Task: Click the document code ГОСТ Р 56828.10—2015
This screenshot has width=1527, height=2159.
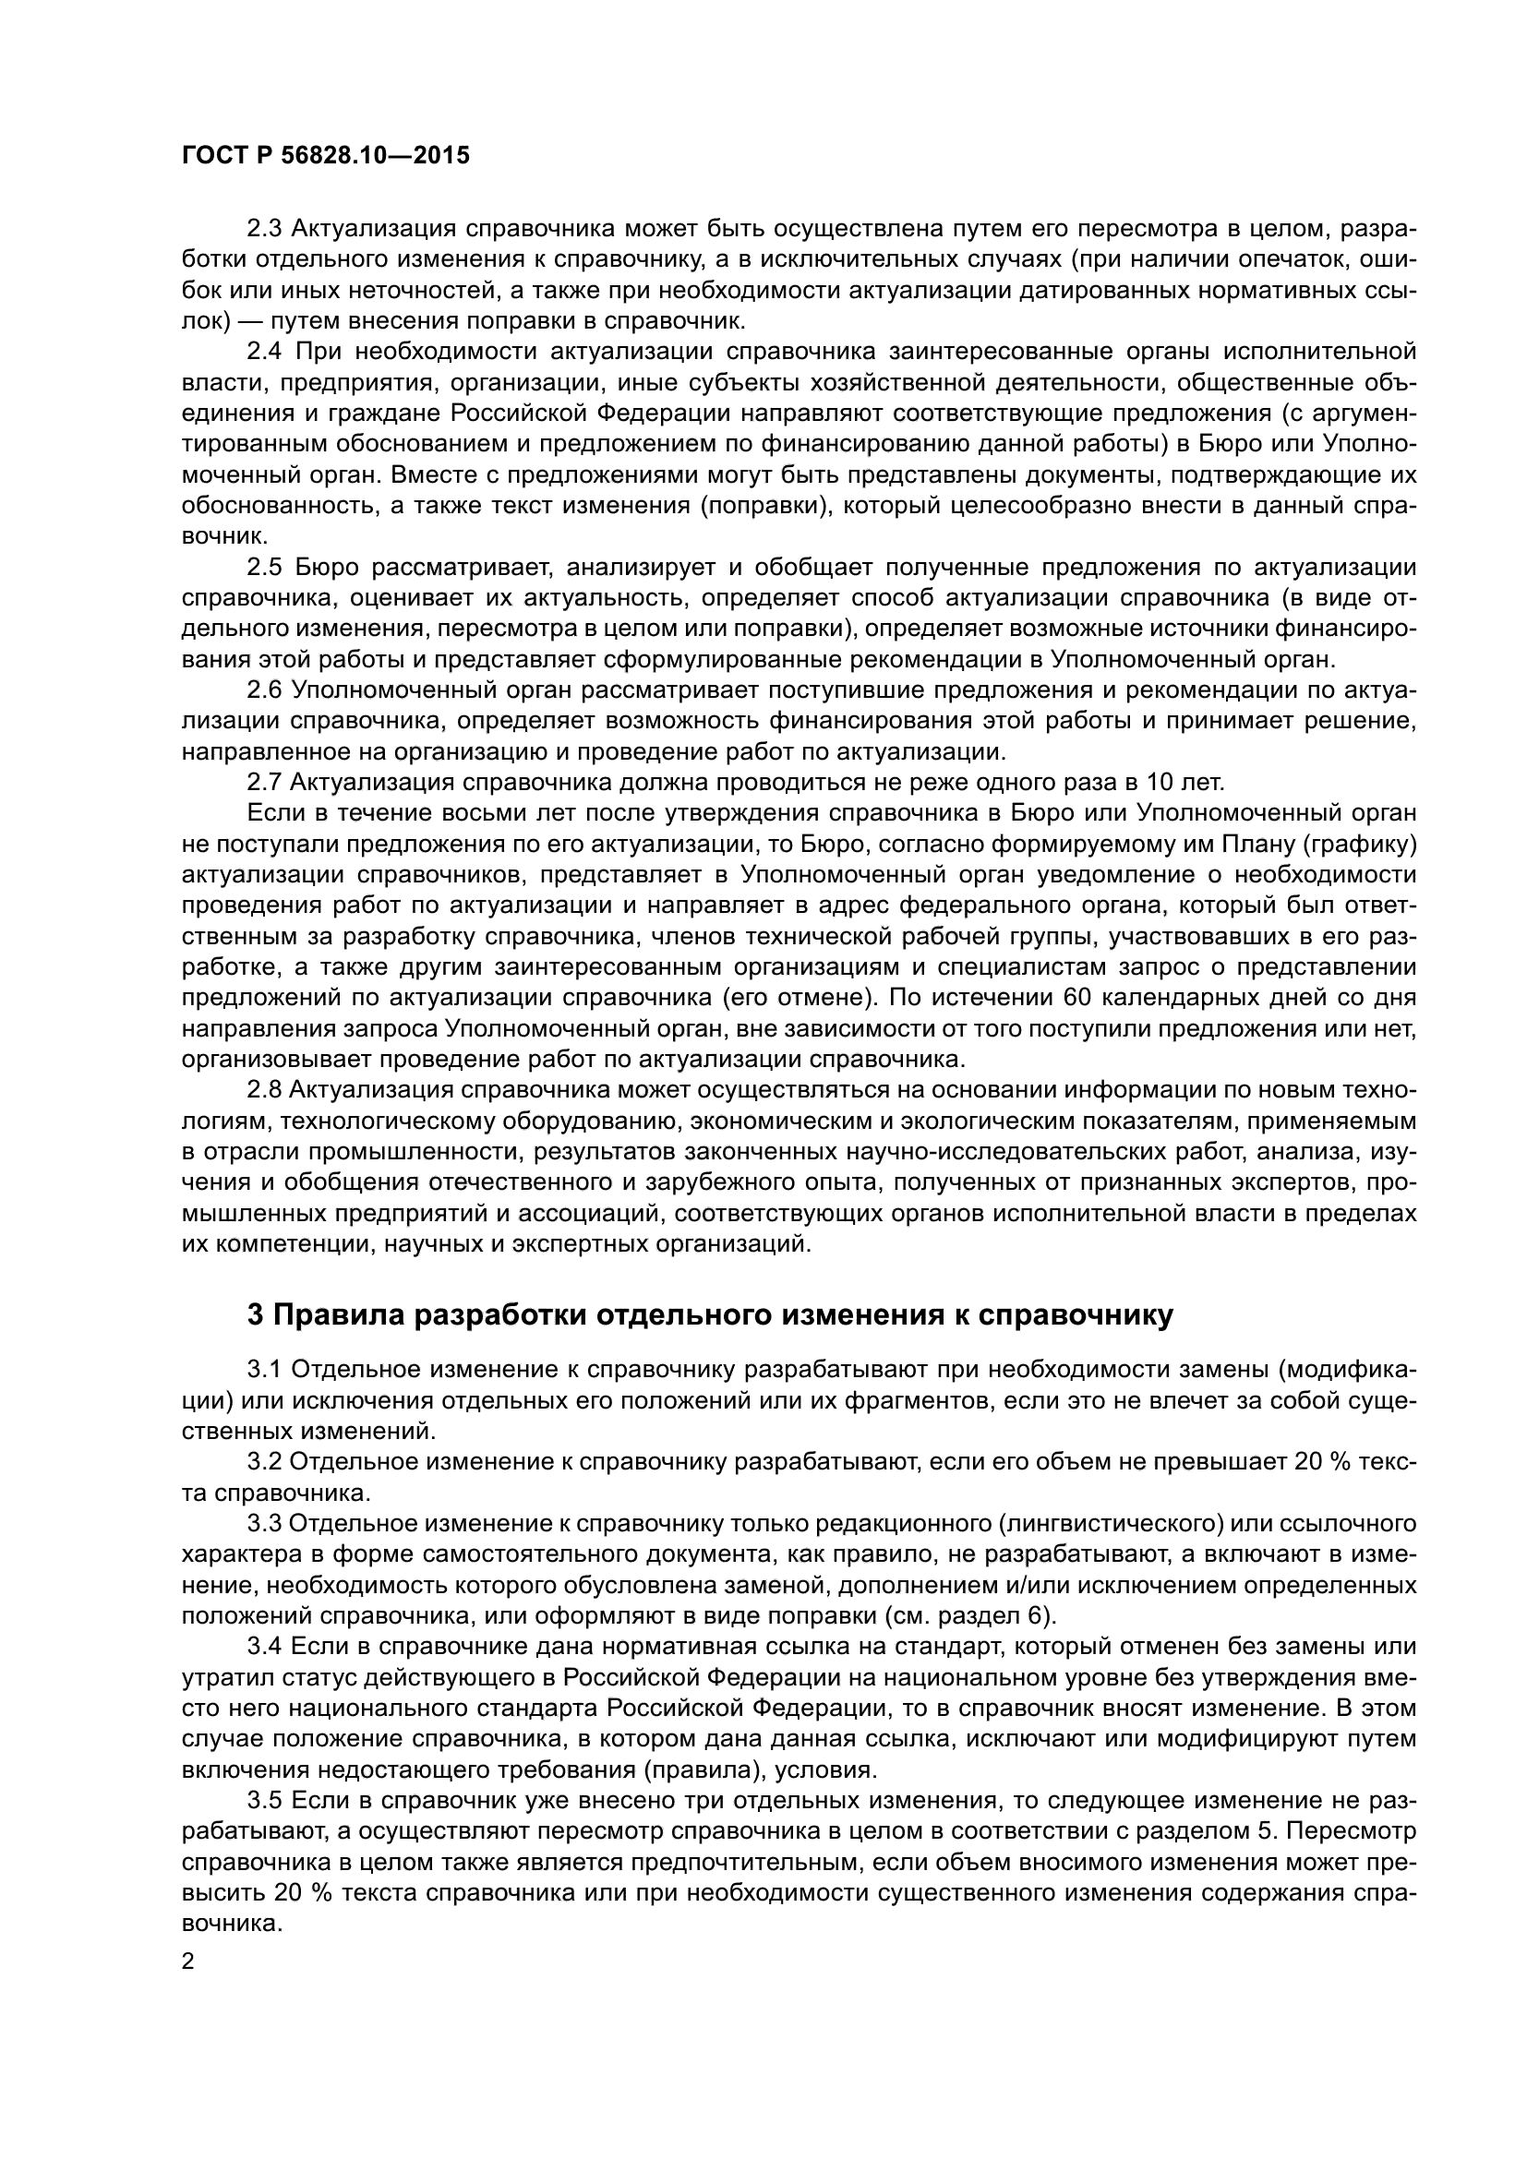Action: point(325,156)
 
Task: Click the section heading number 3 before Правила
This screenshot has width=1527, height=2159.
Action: point(256,1315)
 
